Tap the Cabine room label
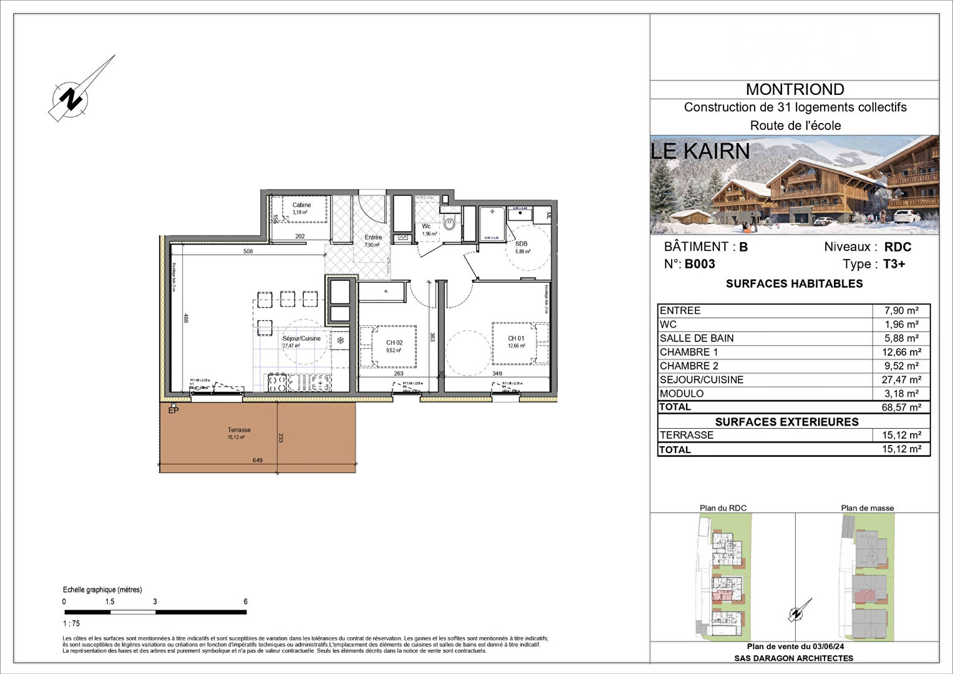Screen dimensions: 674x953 [x=301, y=205]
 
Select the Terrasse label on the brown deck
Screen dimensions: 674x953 [x=239, y=430]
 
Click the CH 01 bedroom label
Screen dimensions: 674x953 [x=516, y=339]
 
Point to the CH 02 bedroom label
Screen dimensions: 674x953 [x=394, y=343]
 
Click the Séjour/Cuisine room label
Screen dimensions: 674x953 [x=301, y=339]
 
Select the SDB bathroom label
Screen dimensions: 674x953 [x=521, y=244]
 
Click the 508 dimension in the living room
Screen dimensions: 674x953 [x=248, y=252]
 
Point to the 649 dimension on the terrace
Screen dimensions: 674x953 [x=258, y=461]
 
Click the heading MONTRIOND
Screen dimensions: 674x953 [x=795, y=90]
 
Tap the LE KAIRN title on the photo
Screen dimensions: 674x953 [x=700, y=151]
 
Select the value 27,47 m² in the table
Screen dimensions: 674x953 [x=901, y=379]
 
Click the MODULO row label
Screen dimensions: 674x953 [x=681, y=394]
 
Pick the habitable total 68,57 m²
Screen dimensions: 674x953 [x=901, y=408]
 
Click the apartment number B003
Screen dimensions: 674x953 [x=699, y=264]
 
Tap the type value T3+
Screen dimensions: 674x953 [x=894, y=264]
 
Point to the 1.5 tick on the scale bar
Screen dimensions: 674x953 [x=110, y=602]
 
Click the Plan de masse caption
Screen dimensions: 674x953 [x=867, y=508]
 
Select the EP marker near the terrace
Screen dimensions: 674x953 [x=173, y=410]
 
